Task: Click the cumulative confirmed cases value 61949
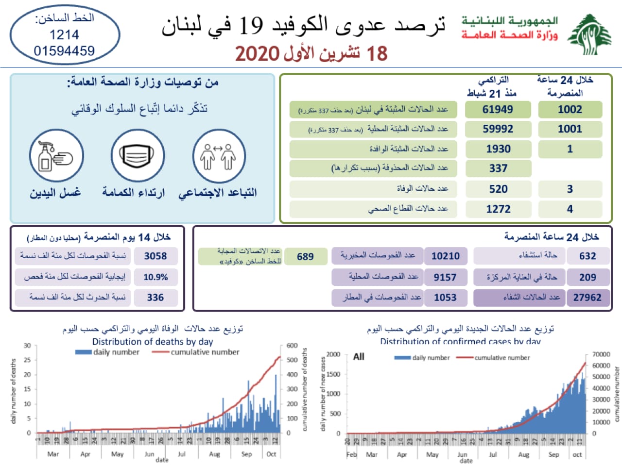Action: (497, 110)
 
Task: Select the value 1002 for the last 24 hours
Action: (570, 110)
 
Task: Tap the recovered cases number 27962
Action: (587, 298)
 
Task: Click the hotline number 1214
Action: (64, 35)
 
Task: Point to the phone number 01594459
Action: (64, 51)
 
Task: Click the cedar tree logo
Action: (589, 35)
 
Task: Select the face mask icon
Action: (137, 156)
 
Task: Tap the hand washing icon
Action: (56, 156)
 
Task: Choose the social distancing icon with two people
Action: (218, 156)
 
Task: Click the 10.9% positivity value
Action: (155, 277)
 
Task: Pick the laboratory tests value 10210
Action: (445, 256)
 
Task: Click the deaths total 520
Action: (498, 189)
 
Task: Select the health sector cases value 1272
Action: (498, 209)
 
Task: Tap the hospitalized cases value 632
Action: (587, 256)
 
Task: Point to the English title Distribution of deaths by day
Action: (153, 342)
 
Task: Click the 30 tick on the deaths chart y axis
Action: (27, 346)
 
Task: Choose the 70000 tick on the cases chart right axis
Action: (601, 354)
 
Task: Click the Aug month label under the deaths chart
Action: (214, 454)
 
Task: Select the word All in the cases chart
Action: (359, 357)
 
